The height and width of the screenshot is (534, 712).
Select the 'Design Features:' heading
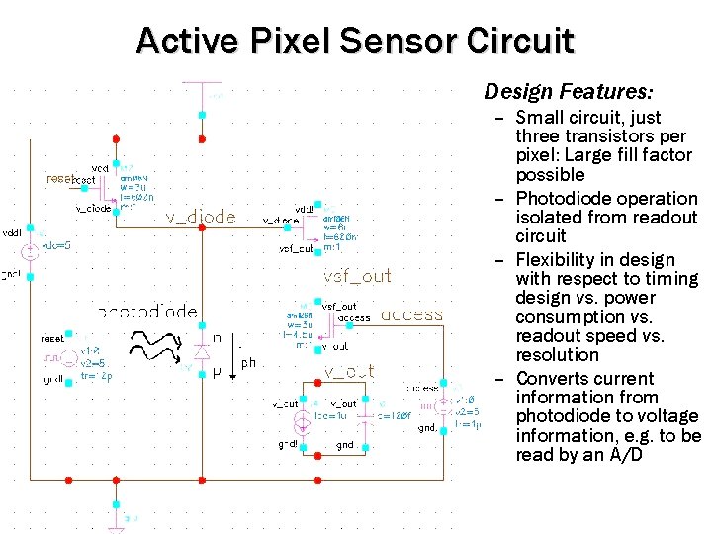(x=568, y=92)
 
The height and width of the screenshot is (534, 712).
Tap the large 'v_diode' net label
(x=200, y=218)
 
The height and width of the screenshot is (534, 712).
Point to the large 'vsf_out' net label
(x=357, y=276)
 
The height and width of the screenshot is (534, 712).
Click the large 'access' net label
(x=411, y=315)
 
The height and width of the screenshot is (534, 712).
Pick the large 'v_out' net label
(x=349, y=371)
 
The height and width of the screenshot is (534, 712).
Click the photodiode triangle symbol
(x=202, y=352)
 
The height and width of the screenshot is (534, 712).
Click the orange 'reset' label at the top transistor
(x=59, y=179)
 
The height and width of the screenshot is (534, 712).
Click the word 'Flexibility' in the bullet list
(x=556, y=260)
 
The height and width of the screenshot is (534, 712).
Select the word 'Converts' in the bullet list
(x=549, y=379)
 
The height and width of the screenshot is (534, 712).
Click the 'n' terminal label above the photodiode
(x=216, y=338)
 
